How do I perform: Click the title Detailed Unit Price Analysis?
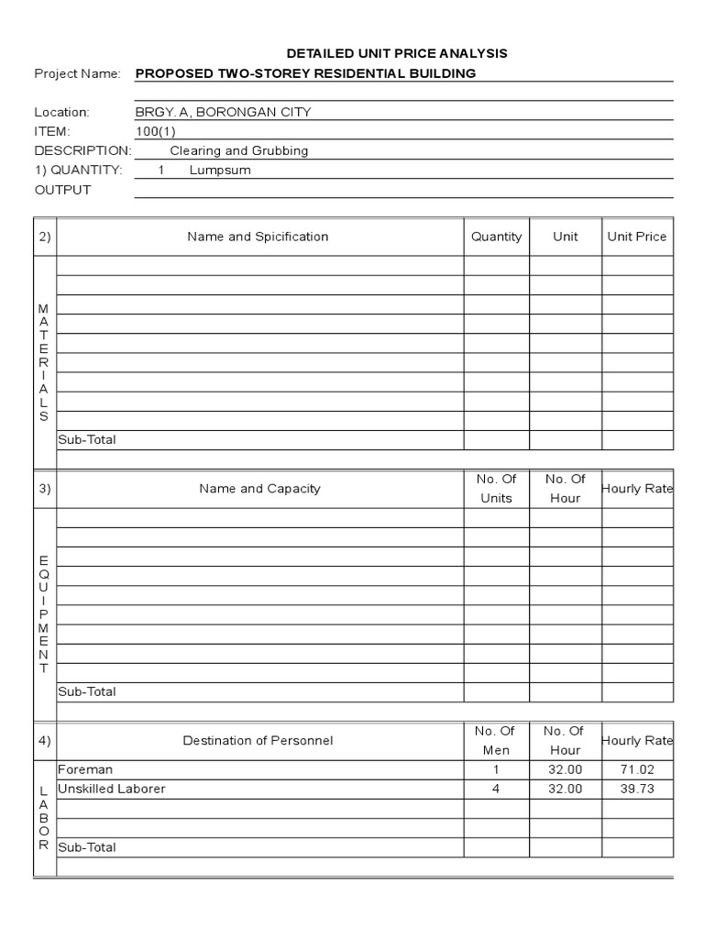tap(397, 54)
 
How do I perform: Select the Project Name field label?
tap(77, 74)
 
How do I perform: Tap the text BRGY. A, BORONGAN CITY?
tap(223, 113)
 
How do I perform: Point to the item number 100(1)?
tap(155, 132)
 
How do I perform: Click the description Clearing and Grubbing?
tap(239, 151)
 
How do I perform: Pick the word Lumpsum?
tap(220, 171)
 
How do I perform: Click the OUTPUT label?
tap(62, 190)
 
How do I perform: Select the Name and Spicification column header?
tap(258, 237)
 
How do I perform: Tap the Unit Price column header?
tap(637, 237)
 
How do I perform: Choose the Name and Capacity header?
tap(259, 489)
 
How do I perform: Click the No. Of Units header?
tap(495, 489)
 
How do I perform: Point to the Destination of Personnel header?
tap(258, 740)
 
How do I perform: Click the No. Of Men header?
tap(495, 740)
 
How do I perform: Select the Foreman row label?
tap(85, 769)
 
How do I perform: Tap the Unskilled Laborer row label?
tap(111, 789)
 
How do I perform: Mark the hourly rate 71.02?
tap(637, 769)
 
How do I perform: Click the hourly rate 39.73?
tap(637, 789)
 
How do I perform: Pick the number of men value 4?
tap(496, 789)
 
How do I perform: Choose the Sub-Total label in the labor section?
tap(87, 847)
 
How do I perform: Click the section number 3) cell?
tap(45, 489)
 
